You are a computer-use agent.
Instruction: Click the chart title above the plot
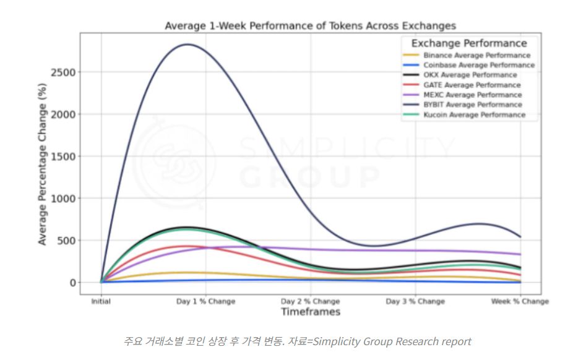tap(310, 26)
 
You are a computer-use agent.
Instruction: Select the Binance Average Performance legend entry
tap(477, 55)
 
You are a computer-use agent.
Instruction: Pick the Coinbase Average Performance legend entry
tap(479, 65)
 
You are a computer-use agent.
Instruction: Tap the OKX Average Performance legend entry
tap(470, 75)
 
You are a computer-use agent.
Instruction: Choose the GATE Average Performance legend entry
tap(472, 85)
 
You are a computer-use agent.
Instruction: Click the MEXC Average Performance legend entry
tap(473, 95)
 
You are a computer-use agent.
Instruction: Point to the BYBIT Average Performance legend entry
tap(473, 105)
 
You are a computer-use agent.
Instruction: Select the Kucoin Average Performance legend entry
tap(475, 114)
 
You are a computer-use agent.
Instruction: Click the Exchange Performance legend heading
tap(469, 43)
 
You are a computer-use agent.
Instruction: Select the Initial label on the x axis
tap(101, 301)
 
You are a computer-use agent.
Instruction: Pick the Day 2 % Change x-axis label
tap(311, 301)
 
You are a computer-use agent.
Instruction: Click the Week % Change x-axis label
tap(520, 301)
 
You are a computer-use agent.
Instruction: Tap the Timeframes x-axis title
tap(311, 312)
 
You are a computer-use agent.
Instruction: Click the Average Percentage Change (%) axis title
tap(43, 166)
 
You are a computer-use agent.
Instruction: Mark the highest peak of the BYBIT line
tap(187, 45)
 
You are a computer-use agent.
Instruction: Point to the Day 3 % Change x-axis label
tap(415, 301)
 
